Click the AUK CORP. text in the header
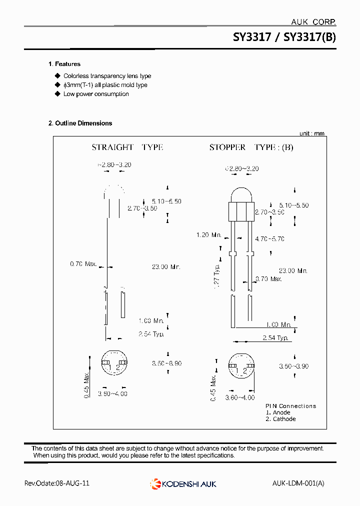click(x=313, y=21)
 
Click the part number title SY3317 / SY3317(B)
click(x=284, y=37)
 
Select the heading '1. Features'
click(x=64, y=64)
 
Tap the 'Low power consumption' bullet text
click(x=96, y=94)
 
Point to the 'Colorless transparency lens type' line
click(x=107, y=76)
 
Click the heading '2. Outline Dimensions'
click(x=80, y=123)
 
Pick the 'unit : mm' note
click(x=312, y=133)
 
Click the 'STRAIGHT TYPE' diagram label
click(x=127, y=147)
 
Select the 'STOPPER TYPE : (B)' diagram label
click(x=251, y=147)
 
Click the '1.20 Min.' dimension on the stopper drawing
click(x=208, y=235)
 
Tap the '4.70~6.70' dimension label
click(x=269, y=239)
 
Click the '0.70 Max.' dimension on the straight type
click(x=83, y=263)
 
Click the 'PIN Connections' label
click(x=290, y=406)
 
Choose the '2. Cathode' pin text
click(x=280, y=419)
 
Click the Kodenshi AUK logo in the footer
click(x=183, y=483)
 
